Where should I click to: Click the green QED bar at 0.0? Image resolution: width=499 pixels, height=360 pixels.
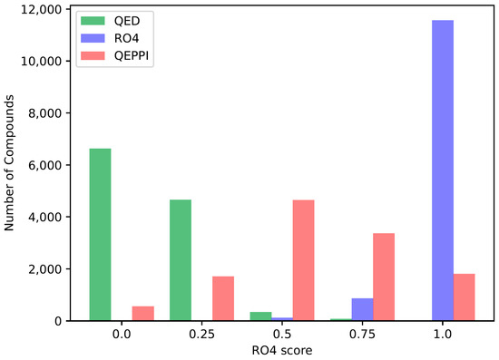click(x=100, y=235)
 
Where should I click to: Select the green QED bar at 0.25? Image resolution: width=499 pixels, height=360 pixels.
click(x=181, y=260)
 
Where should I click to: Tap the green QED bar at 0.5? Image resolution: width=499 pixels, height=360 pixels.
click(x=260, y=316)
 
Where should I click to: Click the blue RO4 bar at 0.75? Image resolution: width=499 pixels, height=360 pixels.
click(x=362, y=309)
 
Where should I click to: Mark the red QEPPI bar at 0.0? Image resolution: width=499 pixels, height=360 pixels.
click(x=143, y=313)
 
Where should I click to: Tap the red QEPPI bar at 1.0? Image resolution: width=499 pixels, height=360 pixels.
click(x=465, y=297)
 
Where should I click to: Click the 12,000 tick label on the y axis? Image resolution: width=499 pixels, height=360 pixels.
click(x=41, y=10)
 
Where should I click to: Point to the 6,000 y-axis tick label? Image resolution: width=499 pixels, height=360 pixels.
click(x=45, y=166)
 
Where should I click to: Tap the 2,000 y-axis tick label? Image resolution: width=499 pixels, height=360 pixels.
click(x=45, y=269)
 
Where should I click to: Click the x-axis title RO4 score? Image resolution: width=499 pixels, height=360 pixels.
click(x=282, y=350)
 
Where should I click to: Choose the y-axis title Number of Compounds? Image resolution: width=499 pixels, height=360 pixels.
click(x=11, y=166)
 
